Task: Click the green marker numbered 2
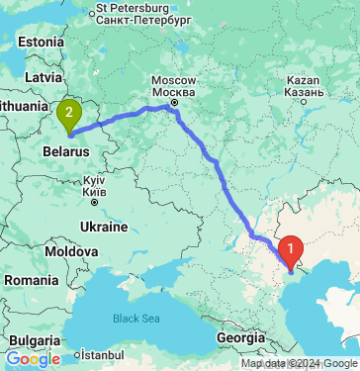(x=68, y=115)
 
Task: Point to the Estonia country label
(x=40, y=43)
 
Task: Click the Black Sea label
(x=135, y=319)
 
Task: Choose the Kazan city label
(x=299, y=82)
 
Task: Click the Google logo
(x=33, y=359)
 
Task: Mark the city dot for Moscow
(x=174, y=100)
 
